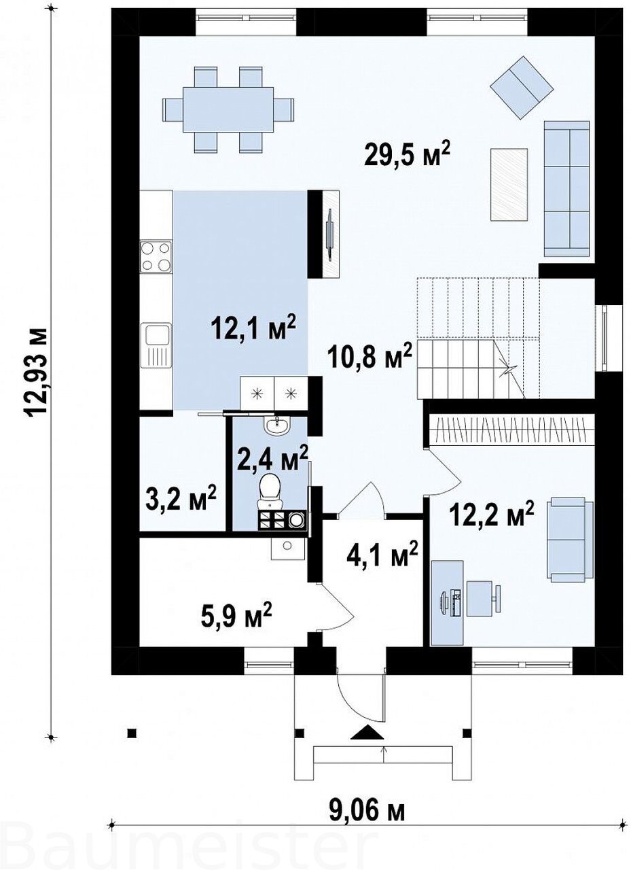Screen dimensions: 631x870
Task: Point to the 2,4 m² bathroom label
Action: click(x=271, y=459)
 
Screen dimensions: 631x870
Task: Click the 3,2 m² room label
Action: click(x=181, y=500)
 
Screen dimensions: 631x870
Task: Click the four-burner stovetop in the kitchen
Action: click(x=156, y=256)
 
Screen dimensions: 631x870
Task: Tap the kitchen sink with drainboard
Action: click(x=156, y=345)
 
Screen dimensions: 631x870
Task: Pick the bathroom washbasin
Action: click(x=276, y=425)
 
